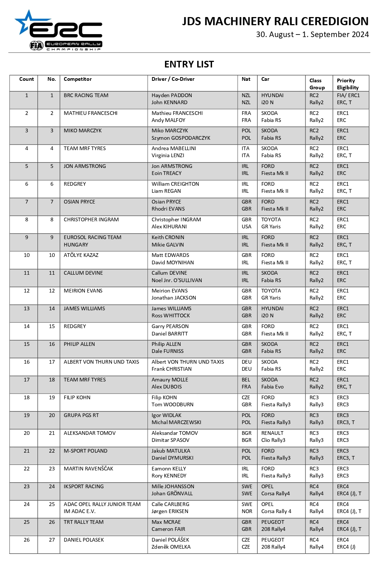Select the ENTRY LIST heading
click(189, 65)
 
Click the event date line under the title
click(312, 34)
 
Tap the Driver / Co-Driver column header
click(173, 79)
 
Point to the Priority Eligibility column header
click(347, 84)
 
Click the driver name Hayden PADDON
click(172, 95)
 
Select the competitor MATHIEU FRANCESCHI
click(90, 113)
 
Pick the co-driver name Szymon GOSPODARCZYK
click(181, 138)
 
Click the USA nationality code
click(247, 227)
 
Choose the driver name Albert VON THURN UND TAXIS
click(188, 362)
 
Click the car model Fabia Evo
click(272, 387)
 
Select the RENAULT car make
click(272, 433)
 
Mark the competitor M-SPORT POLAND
click(85, 451)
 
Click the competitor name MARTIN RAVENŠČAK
click(88, 469)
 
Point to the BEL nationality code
click(246, 380)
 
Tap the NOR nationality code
click(247, 511)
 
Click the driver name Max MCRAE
click(166, 522)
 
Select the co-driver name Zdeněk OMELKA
click(171, 547)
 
